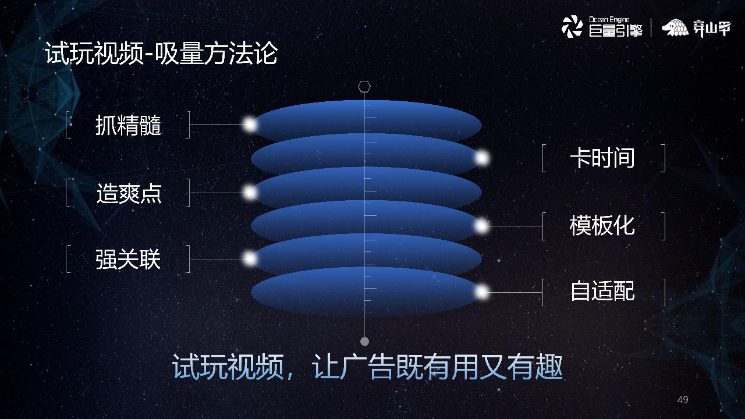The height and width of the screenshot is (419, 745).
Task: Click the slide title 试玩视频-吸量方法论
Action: [161, 54]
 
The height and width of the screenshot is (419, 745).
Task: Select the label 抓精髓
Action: [128, 125]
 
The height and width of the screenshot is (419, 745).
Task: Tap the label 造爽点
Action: [128, 193]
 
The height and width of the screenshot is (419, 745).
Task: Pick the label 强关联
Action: [128, 260]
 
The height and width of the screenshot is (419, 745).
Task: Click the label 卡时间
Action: [602, 158]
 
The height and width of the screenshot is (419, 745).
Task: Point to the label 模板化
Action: [602, 226]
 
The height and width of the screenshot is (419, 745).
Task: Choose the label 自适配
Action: [602, 291]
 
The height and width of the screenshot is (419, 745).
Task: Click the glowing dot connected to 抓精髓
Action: [250, 124]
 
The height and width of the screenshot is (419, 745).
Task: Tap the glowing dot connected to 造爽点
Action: [250, 192]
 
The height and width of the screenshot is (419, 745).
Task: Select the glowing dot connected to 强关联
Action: [250, 258]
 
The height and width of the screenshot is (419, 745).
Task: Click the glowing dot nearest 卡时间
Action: [481, 158]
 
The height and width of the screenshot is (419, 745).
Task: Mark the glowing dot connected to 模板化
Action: [481, 226]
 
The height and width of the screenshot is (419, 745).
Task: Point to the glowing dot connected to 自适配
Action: [481, 292]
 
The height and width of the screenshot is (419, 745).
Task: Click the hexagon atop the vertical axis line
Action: [364, 87]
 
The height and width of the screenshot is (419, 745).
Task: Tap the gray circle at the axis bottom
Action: [364, 341]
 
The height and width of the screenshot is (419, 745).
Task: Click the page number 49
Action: [683, 400]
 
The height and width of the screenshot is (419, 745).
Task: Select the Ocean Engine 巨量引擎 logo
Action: [602, 27]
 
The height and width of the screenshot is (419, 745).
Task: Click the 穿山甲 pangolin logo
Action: [696, 27]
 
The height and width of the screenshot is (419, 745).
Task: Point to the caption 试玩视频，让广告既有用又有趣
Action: [368, 367]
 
